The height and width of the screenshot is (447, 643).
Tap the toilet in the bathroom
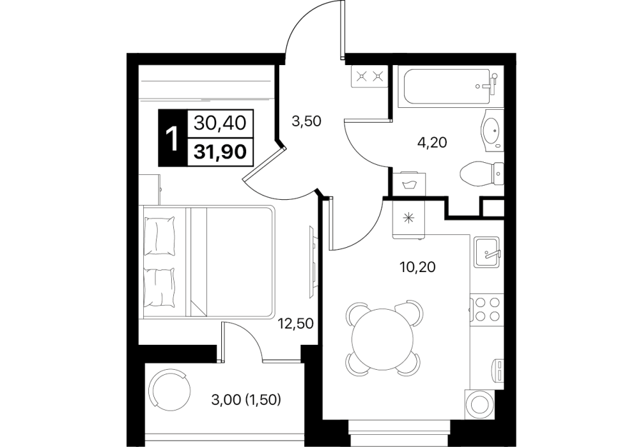click(x=482, y=174)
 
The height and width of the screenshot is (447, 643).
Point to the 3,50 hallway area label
click(x=306, y=121)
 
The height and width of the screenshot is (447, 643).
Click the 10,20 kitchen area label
click(x=417, y=267)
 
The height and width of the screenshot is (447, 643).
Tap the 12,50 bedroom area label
click(x=296, y=324)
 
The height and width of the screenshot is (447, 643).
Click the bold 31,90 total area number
click(x=221, y=151)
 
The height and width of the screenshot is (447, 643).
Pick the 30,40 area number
click(x=221, y=123)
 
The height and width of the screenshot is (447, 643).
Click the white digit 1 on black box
click(x=173, y=138)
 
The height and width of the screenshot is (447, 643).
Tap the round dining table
click(x=383, y=338)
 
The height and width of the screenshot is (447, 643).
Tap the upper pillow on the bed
click(x=159, y=236)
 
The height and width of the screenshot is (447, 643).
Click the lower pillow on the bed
click(x=159, y=287)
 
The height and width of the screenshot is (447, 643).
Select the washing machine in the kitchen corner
click(x=479, y=403)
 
